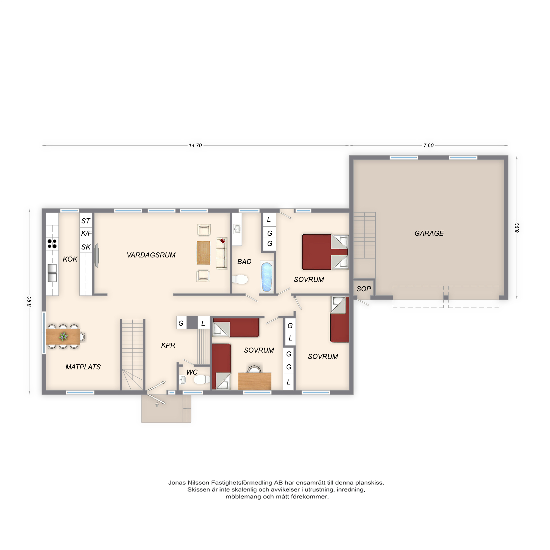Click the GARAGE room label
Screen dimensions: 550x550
click(429, 233)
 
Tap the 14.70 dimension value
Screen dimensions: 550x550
click(195, 145)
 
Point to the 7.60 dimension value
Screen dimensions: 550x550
click(428, 145)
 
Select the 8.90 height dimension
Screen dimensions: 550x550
click(29, 301)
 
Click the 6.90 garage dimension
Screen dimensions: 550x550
click(517, 227)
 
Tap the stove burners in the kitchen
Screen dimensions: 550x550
click(52, 244)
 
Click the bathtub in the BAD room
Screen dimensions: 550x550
click(267, 277)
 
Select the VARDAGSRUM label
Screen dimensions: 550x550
click(151, 255)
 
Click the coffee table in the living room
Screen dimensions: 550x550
click(204, 253)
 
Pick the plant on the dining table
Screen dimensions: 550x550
click(63, 337)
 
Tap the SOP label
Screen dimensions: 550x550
click(364, 289)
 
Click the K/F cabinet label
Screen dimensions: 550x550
click(86, 233)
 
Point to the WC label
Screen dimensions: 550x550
click(192, 372)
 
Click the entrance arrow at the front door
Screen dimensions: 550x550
click(157, 405)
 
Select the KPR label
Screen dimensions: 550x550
click(168, 345)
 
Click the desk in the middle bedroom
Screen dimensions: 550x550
click(254, 381)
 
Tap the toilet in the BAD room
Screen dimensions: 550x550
click(240, 279)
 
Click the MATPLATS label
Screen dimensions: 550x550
click(83, 367)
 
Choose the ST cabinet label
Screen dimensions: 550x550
click(86, 221)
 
